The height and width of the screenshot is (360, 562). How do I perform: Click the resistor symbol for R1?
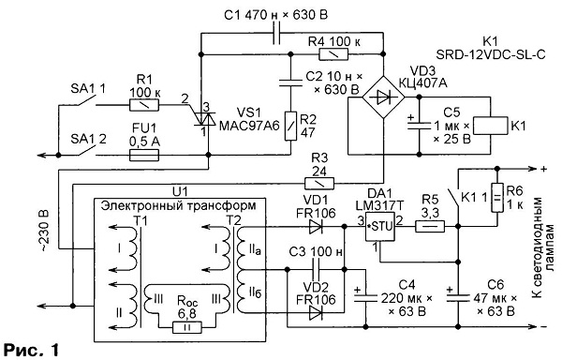coord(144,105)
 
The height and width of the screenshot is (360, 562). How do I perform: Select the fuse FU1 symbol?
coord(143,156)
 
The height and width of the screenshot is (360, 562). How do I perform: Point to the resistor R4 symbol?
coord(333,54)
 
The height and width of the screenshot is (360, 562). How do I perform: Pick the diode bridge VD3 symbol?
coord(383,97)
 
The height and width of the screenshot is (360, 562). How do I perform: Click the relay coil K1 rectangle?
coord(490,126)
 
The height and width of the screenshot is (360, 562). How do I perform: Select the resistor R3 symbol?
coord(319,184)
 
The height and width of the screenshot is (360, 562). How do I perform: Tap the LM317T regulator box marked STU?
coord(379,227)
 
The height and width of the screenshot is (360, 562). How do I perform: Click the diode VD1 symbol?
coord(316,227)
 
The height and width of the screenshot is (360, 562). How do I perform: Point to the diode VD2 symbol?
coord(316,313)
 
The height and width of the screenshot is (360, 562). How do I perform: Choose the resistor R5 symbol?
coord(430,227)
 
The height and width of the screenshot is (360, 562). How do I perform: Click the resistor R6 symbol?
coord(496,198)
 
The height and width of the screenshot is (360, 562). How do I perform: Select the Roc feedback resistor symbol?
coord(186,327)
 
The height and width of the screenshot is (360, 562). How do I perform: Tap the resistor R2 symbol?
coord(290,126)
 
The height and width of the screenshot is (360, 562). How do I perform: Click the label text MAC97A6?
coord(249,126)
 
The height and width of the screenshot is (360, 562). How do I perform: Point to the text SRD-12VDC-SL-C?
coord(491,54)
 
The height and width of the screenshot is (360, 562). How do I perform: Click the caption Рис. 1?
coord(31,350)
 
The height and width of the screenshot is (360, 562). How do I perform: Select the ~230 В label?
coord(44,231)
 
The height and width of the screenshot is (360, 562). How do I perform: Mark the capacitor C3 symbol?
coord(316,270)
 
